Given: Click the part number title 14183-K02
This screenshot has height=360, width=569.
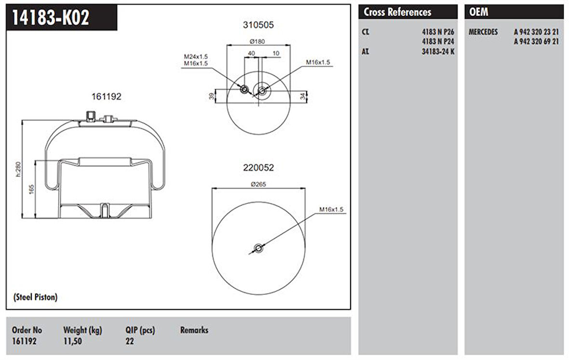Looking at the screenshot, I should (50, 18).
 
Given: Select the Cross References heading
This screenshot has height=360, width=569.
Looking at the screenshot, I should (397, 12).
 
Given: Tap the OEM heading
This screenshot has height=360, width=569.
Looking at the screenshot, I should (478, 12).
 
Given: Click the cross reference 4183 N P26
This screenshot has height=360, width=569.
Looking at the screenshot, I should (438, 32).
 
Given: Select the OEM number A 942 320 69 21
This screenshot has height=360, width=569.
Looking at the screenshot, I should (536, 41).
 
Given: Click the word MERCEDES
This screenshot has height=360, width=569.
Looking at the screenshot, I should (484, 32).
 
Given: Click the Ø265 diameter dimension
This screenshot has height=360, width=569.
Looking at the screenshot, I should (259, 184).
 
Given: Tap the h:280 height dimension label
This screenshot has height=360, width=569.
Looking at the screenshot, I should (18, 169).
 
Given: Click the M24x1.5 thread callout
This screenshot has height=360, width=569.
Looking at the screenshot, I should (195, 56).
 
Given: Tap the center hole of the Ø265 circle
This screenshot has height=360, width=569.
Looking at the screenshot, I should (258, 248).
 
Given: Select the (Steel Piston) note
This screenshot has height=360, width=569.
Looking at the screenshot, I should (35, 297).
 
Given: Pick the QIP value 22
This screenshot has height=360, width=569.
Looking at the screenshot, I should (129, 341).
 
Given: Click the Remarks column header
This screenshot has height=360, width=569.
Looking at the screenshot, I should (194, 330).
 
